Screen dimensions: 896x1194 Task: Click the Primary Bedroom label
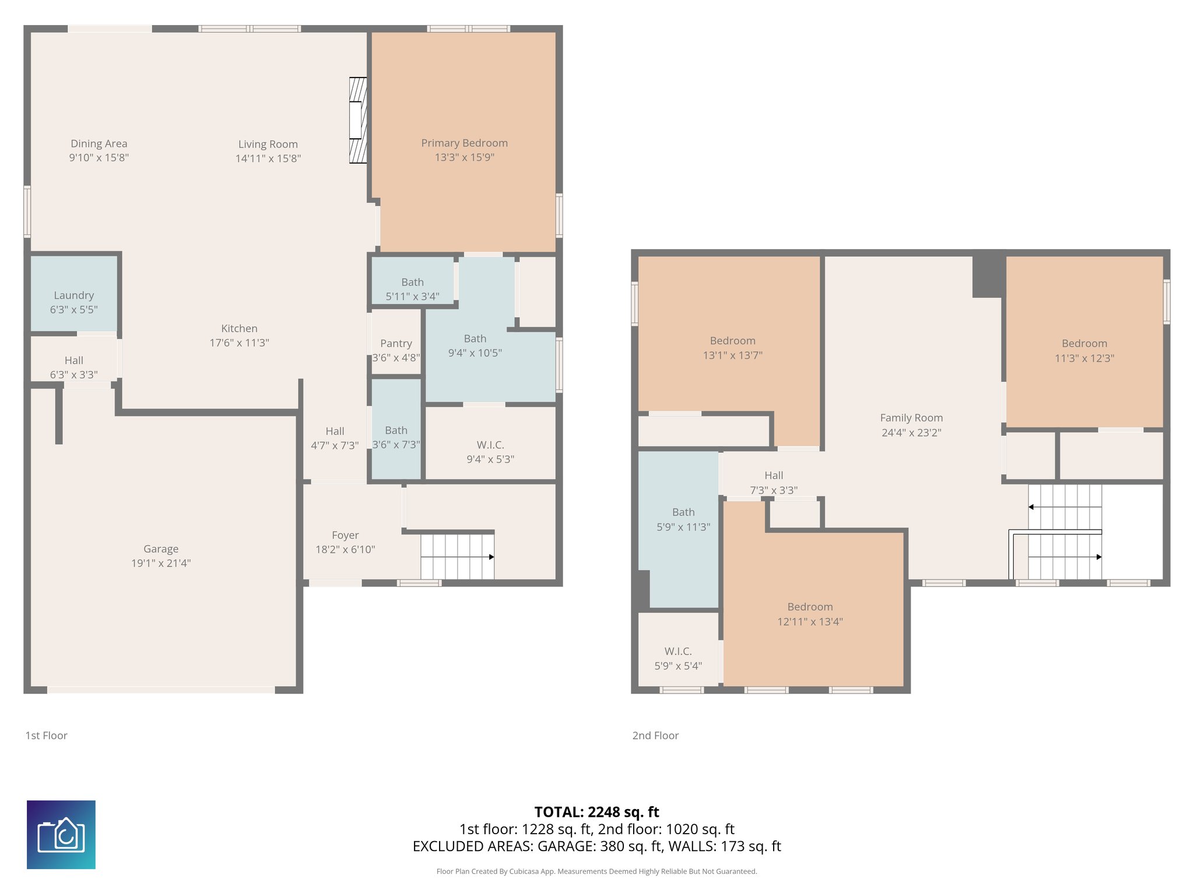(x=464, y=143)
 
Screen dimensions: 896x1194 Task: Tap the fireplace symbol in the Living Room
(x=357, y=120)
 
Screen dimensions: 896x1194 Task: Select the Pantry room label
(x=396, y=344)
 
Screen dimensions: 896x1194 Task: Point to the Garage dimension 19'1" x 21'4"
(x=161, y=563)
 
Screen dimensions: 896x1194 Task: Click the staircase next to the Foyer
(x=457, y=556)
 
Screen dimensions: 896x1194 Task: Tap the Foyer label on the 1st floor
(x=345, y=535)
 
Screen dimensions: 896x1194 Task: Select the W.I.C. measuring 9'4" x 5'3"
(x=490, y=452)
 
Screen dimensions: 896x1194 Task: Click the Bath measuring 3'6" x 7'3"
(x=396, y=437)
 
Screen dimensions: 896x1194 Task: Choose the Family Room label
(x=911, y=418)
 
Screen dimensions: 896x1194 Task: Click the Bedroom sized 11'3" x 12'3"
(x=1084, y=351)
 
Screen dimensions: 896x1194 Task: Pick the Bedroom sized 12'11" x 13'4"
(x=810, y=614)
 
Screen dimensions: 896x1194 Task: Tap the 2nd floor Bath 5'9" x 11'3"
(x=683, y=519)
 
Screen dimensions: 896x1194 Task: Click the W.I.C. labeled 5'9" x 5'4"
(x=678, y=658)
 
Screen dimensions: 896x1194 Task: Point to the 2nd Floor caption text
(x=655, y=736)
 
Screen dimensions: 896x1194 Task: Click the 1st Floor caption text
(x=46, y=736)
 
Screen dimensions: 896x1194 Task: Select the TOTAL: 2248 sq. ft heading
(x=596, y=812)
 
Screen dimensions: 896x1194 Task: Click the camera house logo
(x=61, y=835)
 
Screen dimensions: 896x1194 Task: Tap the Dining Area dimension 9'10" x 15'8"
(x=99, y=158)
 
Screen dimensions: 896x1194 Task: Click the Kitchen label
(x=239, y=328)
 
